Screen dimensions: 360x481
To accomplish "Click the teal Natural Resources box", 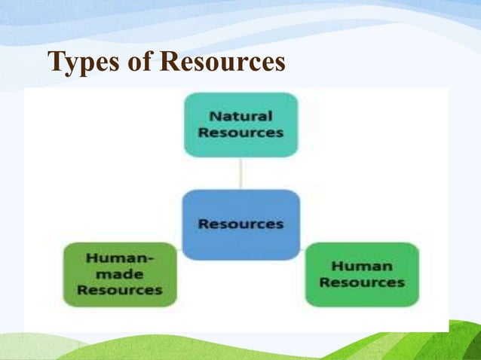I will click(240, 124).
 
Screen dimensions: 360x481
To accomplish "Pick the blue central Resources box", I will click(240, 224).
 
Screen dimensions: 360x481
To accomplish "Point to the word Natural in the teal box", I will click(240, 117).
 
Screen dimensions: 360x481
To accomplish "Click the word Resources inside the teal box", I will click(240, 132).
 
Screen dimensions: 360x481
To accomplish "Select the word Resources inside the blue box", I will click(240, 224).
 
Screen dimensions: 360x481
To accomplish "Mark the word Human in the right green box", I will click(362, 267).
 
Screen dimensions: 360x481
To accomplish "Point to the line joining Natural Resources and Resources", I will click(240, 172).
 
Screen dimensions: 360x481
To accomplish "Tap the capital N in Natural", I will click(214, 117).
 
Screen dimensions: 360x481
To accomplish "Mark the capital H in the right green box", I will click(337, 267).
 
